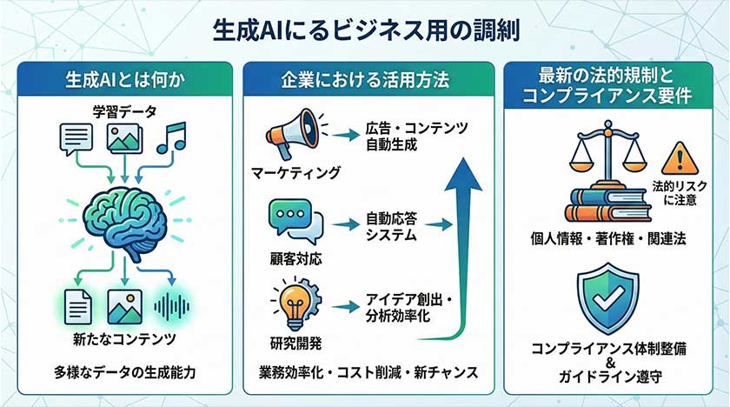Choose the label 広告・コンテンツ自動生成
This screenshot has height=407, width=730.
416,136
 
